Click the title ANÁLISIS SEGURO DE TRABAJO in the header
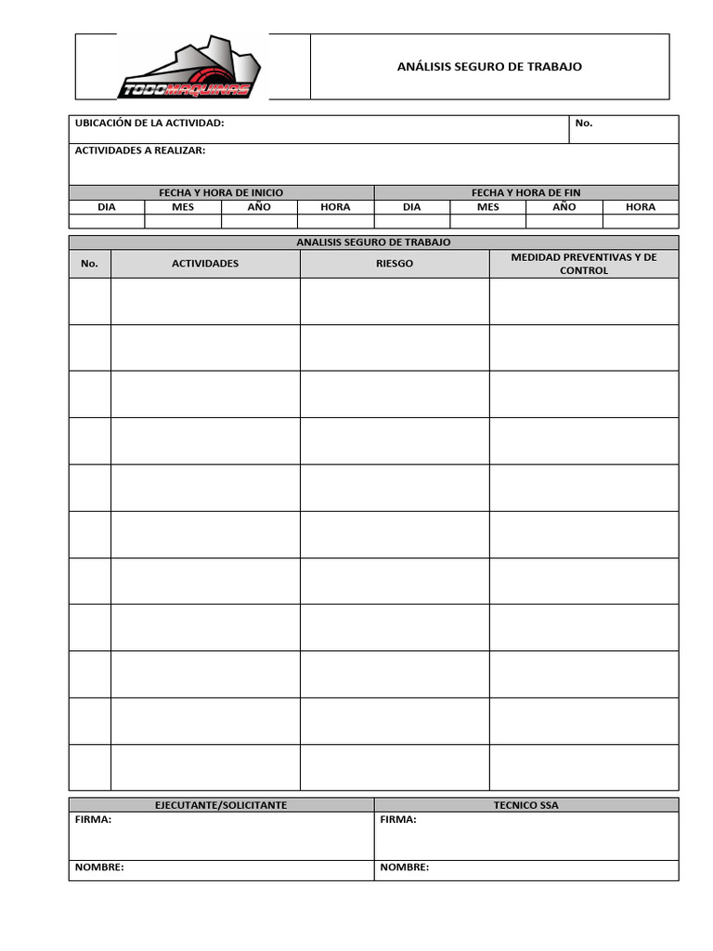[489, 67]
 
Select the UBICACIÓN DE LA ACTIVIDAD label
[149, 124]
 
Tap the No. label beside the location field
[584, 124]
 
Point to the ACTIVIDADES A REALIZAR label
[140, 150]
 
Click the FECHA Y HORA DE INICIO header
[221, 192]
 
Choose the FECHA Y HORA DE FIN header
[525, 192]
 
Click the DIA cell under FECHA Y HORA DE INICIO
[107, 207]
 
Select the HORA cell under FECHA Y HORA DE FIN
[640, 207]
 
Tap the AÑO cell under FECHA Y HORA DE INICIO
[259, 207]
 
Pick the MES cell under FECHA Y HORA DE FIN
[487, 207]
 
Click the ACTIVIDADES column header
[205, 264]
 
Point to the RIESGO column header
[395, 264]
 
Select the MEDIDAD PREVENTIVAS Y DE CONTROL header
[584, 264]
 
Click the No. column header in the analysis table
[89, 264]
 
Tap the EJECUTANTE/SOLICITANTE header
[221, 805]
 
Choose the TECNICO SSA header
[525, 805]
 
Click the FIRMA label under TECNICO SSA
[398, 820]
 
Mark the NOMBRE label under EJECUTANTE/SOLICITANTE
[99, 867]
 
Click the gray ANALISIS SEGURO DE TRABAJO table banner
[373, 242]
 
